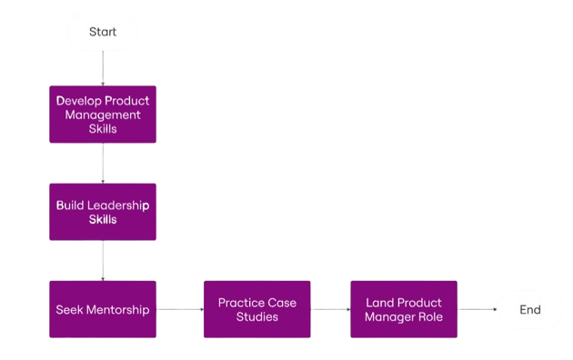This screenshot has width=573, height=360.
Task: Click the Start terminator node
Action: (x=103, y=32)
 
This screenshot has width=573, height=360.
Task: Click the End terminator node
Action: (x=529, y=309)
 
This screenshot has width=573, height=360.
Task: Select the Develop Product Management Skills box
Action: (x=103, y=115)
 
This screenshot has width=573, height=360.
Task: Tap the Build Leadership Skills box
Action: (x=103, y=212)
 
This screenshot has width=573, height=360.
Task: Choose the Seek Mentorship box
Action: (x=103, y=309)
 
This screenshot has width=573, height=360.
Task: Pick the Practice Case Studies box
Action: (x=256, y=309)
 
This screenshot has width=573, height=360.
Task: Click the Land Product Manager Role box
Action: (x=403, y=309)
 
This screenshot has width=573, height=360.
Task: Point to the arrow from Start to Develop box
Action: (x=103, y=68)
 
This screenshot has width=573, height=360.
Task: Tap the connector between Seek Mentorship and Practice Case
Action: (x=179, y=309)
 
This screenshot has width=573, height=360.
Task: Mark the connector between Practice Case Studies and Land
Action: (x=330, y=309)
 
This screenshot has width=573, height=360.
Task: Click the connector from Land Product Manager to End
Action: (x=476, y=309)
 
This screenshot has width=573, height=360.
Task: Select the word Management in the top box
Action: (x=103, y=115)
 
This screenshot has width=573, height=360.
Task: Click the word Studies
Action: (x=256, y=316)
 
